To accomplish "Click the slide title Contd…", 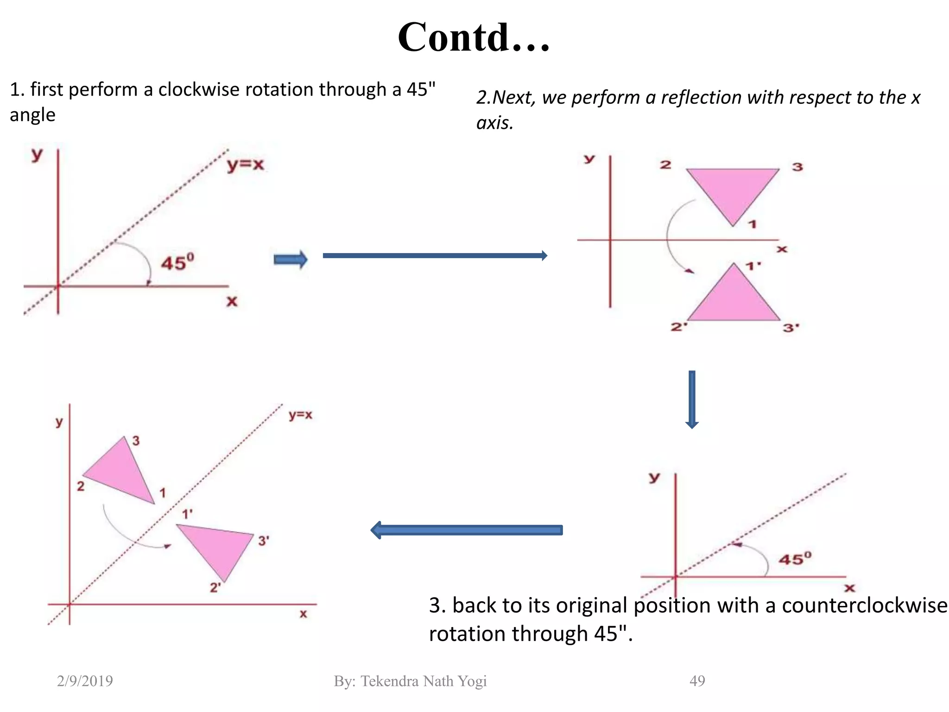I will pos(474,37).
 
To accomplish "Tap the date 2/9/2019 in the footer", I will pos(85,681).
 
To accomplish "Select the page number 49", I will pos(697,681).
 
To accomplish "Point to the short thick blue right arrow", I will pos(291,260).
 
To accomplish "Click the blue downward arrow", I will pos(692,400).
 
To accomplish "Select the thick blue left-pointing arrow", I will pos(466,530).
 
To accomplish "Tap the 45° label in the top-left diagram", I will pos(177,262).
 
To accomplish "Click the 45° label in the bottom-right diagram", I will pos(795,559).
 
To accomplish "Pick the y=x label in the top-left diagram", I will pos(245,165).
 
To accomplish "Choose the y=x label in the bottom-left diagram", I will pos(300,415).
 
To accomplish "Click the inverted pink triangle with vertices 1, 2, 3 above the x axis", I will pos(732,190).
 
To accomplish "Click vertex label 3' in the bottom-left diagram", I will pos(263,540).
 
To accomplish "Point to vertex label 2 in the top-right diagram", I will pos(665,165).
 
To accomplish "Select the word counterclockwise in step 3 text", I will pos(865,605).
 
